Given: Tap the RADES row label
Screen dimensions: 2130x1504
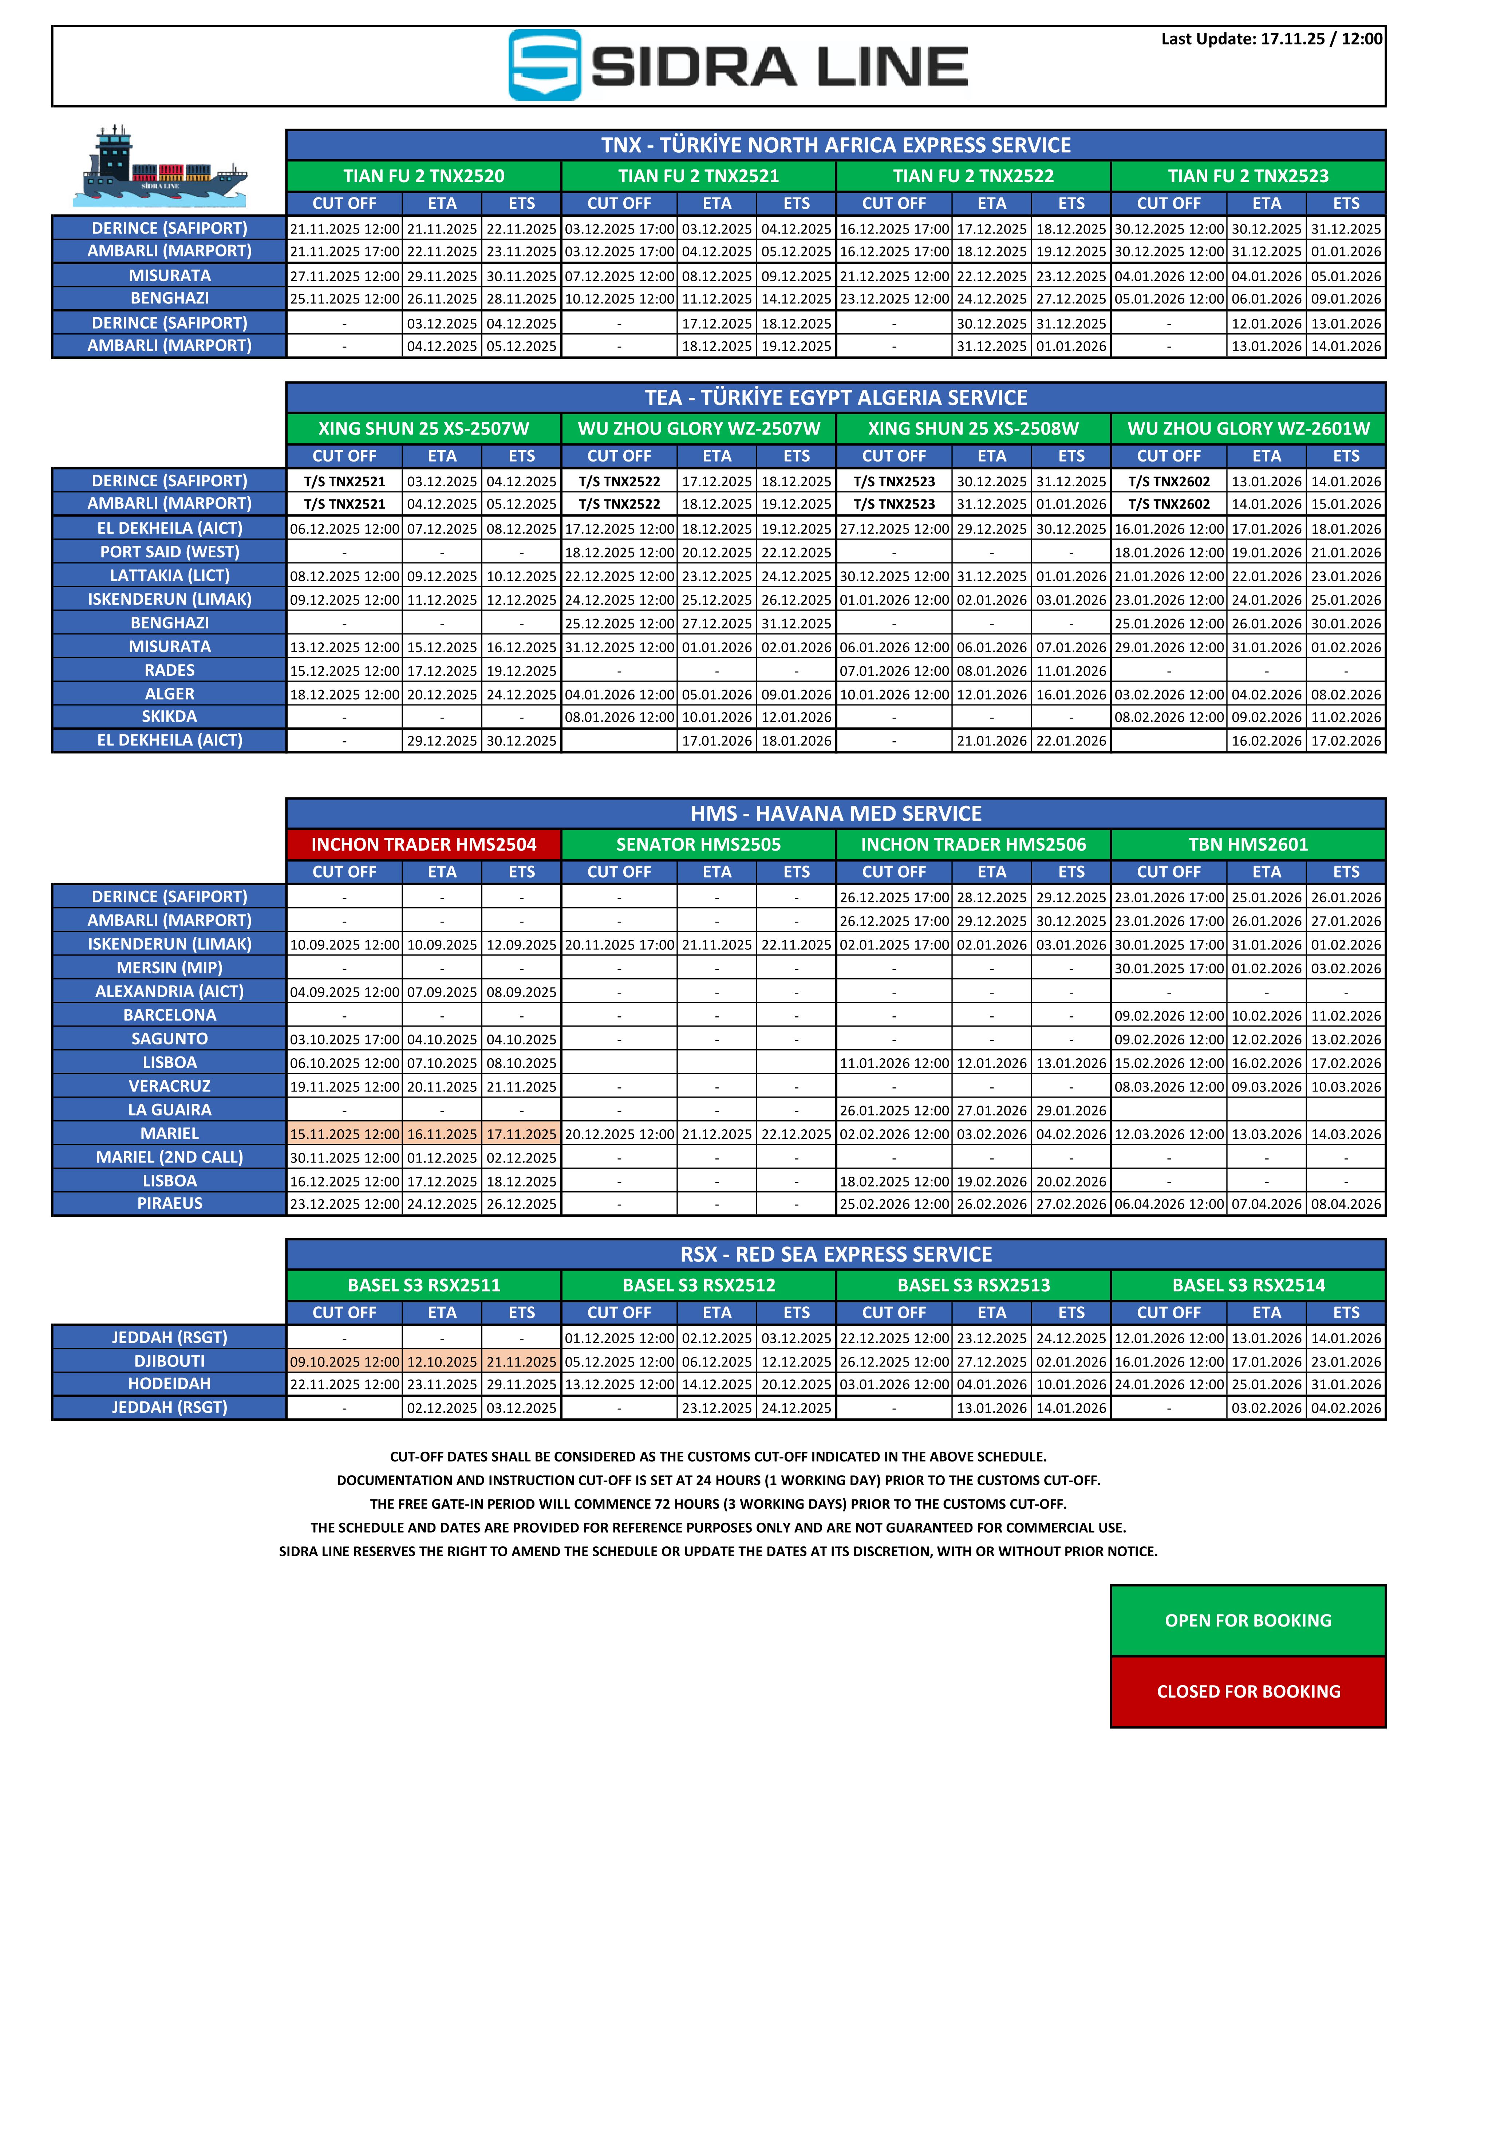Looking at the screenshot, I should (x=170, y=670).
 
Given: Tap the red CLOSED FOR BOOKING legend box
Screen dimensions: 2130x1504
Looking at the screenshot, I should (x=1248, y=1691).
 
